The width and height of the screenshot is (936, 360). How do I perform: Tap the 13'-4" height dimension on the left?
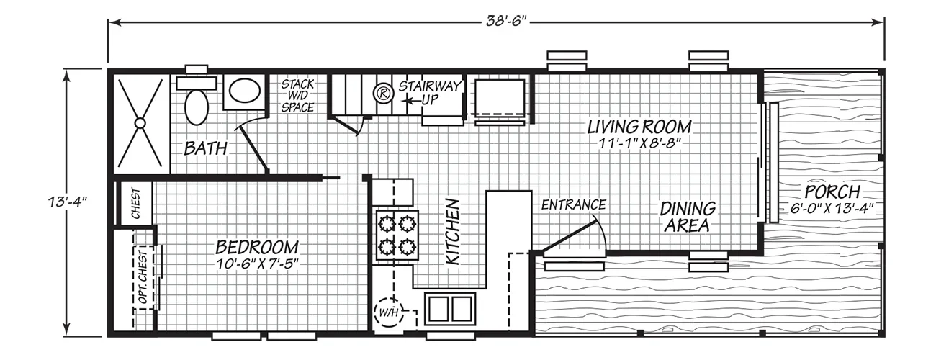click(67, 202)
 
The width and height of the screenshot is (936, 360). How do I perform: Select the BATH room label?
click(206, 148)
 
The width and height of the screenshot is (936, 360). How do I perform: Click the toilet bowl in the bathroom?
click(197, 107)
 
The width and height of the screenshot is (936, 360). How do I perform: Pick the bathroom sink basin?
click(245, 92)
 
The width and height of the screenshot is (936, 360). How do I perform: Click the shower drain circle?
click(140, 123)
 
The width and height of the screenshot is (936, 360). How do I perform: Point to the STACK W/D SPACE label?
click(297, 96)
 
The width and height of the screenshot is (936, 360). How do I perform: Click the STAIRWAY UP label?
click(430, 93)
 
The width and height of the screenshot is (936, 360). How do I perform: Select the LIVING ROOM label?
click(639, 127)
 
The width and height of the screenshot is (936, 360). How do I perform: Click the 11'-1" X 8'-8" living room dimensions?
click(640, 144)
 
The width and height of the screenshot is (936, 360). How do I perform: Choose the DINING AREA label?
click(688, 217)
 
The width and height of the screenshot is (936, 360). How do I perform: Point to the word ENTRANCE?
click(574, 204)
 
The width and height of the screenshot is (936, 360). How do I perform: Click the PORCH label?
click(832, 192)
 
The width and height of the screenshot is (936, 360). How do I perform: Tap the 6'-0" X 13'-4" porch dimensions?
click(832, 208)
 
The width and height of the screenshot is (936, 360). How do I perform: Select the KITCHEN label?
click(453, 231)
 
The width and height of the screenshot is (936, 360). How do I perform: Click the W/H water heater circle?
click(389, 312)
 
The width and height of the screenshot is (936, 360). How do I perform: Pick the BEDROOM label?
click(257, 247)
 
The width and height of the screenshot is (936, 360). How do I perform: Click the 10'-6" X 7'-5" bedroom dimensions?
click(258, 264)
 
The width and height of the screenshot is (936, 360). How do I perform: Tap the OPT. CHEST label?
click(143, 277)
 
